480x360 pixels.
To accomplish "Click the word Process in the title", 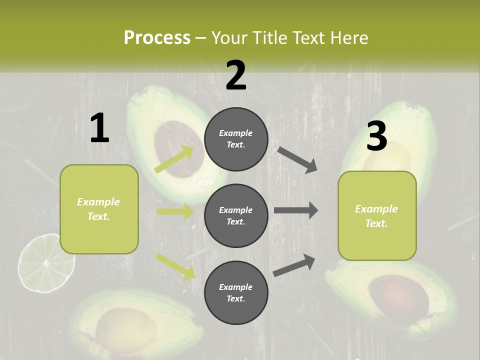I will point(157,38).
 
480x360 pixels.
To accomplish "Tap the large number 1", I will point(99,128).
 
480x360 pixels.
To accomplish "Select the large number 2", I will point(236,75).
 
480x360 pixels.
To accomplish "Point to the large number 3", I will point(376,136).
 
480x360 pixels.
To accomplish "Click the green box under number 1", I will point(99,209).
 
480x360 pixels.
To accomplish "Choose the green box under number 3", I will point(377,216).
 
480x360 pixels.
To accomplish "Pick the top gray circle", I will point(236,139).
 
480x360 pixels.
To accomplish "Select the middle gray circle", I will point(236,215).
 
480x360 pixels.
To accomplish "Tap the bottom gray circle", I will point(236,292).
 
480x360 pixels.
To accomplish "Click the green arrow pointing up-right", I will point(174,159).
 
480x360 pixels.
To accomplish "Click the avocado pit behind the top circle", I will point(175,145).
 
